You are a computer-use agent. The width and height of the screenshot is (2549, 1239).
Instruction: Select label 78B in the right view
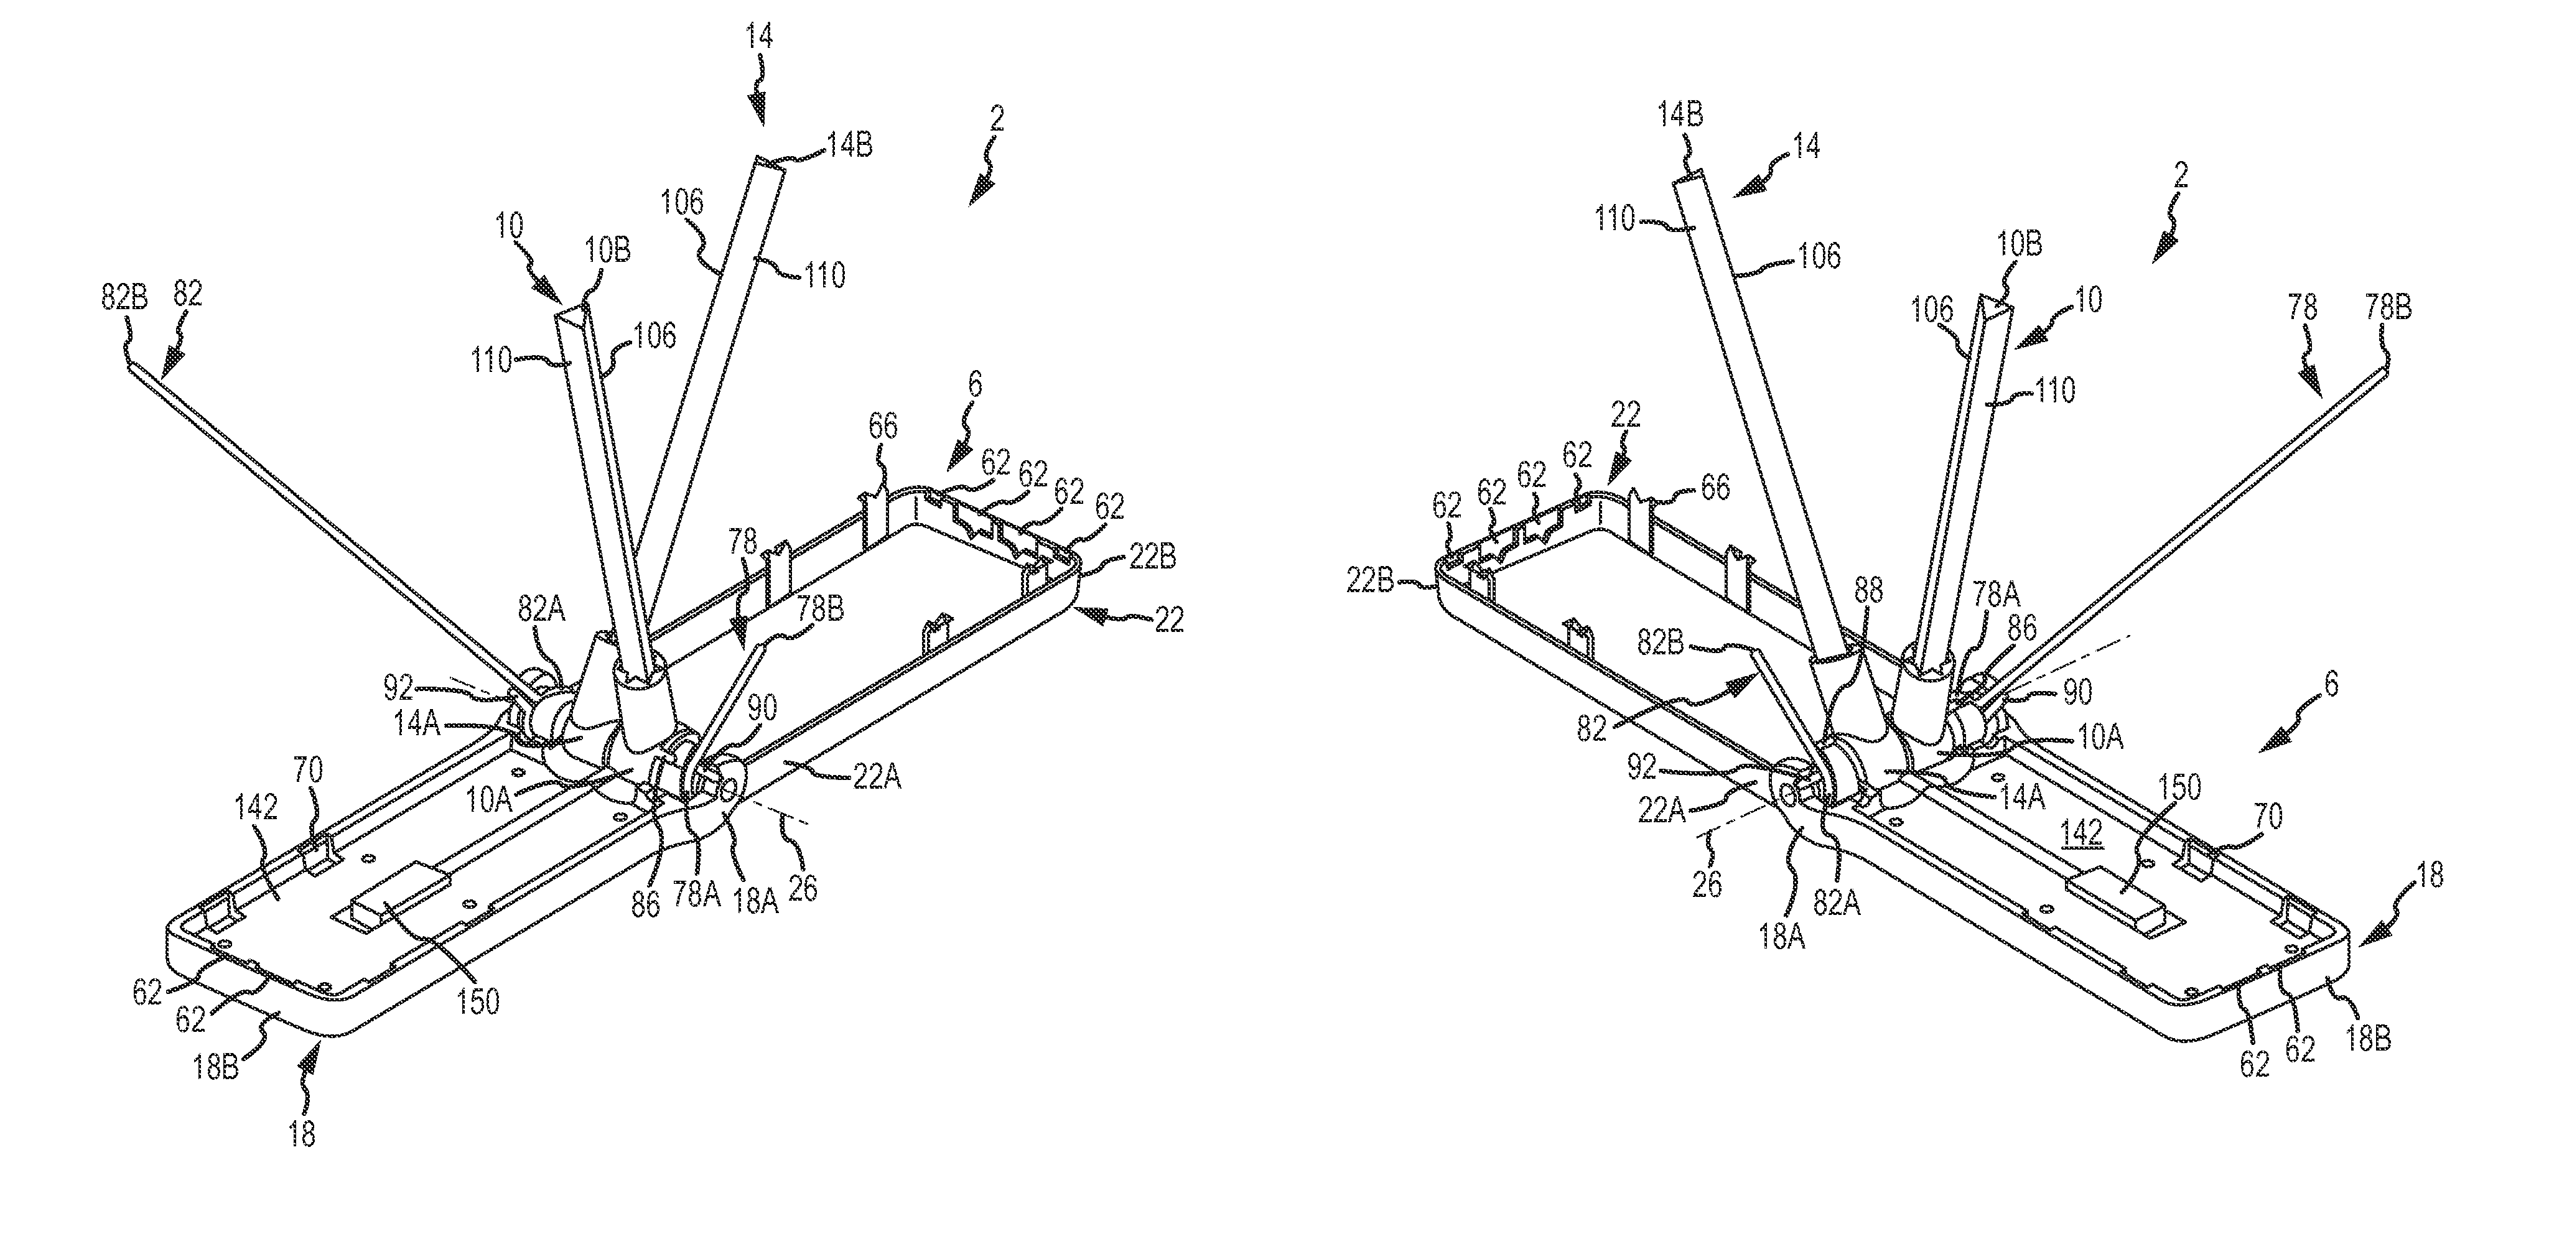pos(2388,308)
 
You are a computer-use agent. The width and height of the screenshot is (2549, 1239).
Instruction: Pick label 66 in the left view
pos(883,427)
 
